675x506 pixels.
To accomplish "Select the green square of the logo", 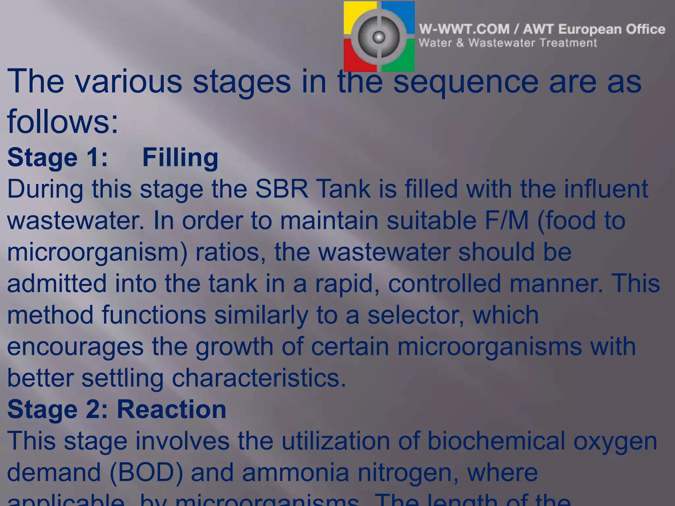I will pos(404,61).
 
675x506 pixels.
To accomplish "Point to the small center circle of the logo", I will pos(379,37).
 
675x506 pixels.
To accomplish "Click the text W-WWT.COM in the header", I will pos(464,29).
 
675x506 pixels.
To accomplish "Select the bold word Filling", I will pos(180,157).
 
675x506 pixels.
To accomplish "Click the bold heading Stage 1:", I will pos(58,157).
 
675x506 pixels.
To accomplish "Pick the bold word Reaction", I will pos(171,409).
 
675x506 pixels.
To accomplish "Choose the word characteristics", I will pos(259,378).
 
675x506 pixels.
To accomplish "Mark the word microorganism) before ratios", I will pos(97,252).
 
